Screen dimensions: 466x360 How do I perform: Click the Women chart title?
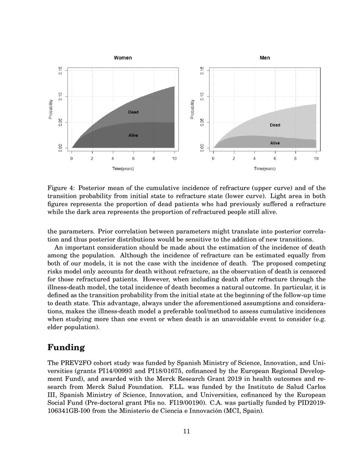click(123, 58)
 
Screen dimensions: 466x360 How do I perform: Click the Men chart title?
click(265, 58)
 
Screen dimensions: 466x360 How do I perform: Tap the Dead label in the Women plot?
click(133, 112)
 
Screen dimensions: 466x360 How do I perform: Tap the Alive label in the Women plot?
click(133, 136)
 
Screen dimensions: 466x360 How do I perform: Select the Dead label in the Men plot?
click(275, 125)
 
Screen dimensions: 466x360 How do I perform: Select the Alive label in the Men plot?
click(275, 143)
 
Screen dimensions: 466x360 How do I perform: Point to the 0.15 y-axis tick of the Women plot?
click(61, 70)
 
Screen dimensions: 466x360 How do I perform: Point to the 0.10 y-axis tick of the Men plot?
click(202, 96)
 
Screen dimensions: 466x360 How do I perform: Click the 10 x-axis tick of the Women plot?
click(174, 158)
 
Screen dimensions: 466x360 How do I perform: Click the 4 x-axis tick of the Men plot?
click(254, 158)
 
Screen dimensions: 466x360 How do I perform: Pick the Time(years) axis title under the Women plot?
click(123, 169)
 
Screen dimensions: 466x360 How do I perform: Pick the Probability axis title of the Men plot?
click(192, 109)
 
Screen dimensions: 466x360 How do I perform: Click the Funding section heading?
click(66, 348)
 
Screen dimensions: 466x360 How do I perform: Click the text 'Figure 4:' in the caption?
click(61, 188)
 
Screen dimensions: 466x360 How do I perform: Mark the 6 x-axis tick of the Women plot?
click(133, 158)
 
